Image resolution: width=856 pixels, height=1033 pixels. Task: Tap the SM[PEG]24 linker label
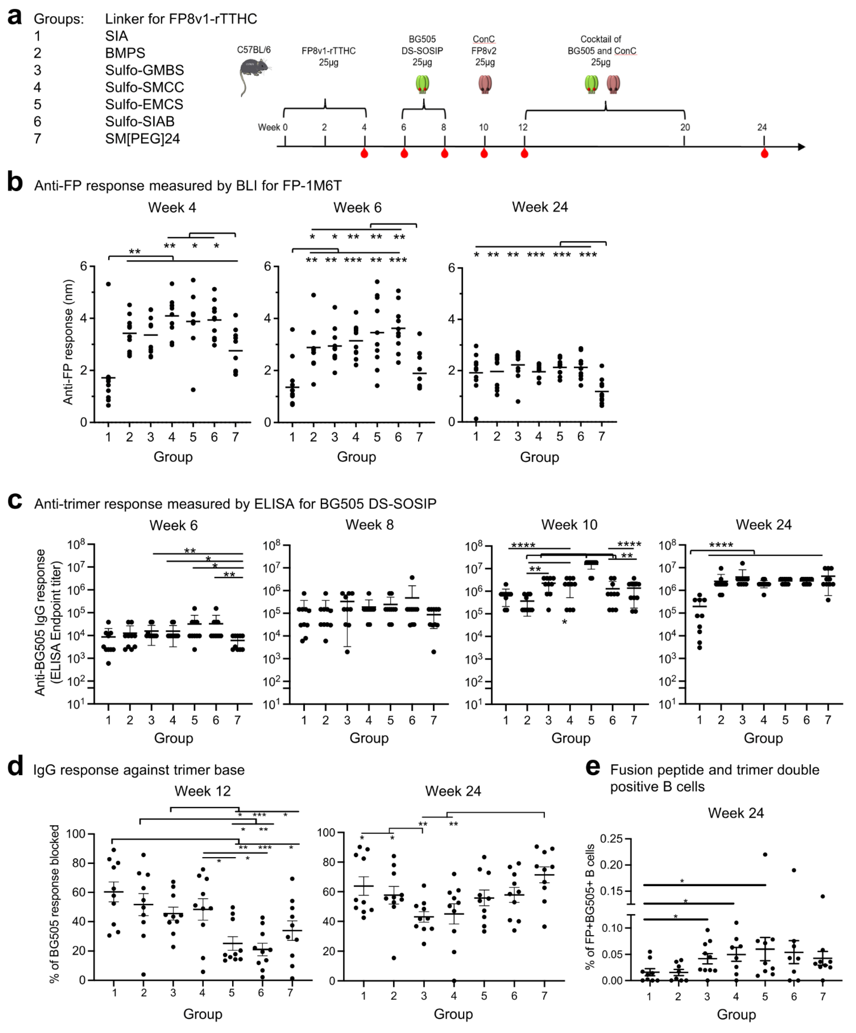pyautogui.click(x=142, y=139)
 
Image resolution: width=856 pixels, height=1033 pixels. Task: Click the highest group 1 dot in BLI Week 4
pyautogui.click(x=108, y=284)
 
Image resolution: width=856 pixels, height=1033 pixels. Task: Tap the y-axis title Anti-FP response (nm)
pyautogui.click(x=68, y=342)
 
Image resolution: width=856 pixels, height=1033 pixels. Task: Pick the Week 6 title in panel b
pyautogui.click(x=357, y=207)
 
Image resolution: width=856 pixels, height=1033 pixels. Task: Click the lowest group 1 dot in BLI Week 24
pyautogui.click(x=476, y=419)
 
